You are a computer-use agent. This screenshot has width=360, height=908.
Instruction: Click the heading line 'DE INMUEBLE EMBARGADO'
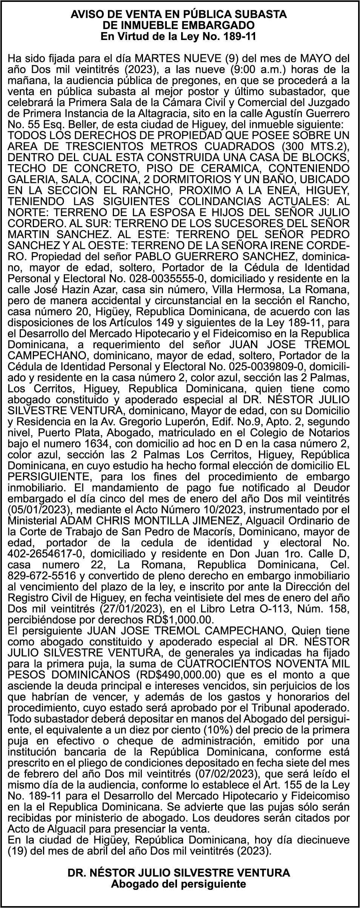(x=180, y=25)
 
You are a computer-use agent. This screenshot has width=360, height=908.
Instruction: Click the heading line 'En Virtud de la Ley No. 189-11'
(x=180, y=36)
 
